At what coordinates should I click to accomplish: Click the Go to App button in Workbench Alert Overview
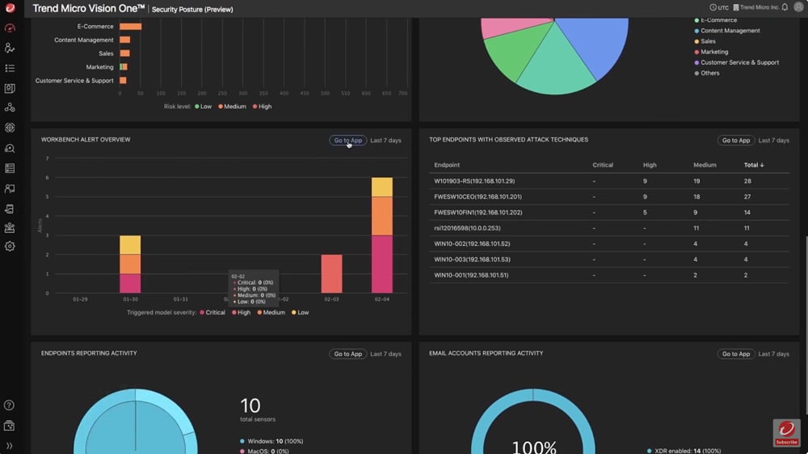(x=347, y=140)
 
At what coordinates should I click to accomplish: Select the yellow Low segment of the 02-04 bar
(x=382, y=187)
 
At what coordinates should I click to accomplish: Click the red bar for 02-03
(x=331, y=274)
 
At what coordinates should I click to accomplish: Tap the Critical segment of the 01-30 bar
(x=130, y=283)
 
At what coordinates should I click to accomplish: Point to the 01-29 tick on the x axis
(x=81, y=299)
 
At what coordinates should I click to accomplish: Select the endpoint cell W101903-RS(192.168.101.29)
(x=473, y=181)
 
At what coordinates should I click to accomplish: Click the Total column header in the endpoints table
(x=753, y=165)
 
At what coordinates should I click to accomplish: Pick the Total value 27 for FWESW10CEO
(x=747, y=197)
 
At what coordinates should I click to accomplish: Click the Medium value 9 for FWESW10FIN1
(x=696, y=212)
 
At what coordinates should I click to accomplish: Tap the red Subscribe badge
(x=786, y=433)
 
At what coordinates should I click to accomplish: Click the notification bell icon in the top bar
(x=785, y=7)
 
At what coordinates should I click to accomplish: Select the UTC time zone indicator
(x=718, y=7)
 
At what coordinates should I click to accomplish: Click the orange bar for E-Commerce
(x=130, y=27)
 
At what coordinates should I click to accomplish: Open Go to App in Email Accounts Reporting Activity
(x=736, y=354)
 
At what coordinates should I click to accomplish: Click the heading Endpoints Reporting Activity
(x=89, y=354)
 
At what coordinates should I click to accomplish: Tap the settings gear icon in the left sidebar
(x=10, y=247)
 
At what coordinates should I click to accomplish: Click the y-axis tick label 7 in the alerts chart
(x=48, y=159)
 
